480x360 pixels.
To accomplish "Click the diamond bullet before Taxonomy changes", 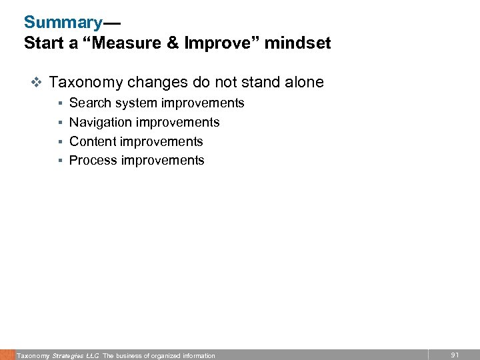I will pos(37,83).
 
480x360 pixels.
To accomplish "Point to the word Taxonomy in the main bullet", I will pos(86,83).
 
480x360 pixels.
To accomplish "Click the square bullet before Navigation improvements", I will pos(60,123).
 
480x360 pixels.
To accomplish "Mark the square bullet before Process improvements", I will pos(60,161).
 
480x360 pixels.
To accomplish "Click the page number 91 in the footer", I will pos(455,355).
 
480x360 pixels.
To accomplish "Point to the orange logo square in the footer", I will pos(7,355).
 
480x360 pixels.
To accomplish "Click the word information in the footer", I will pos(195,355).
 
